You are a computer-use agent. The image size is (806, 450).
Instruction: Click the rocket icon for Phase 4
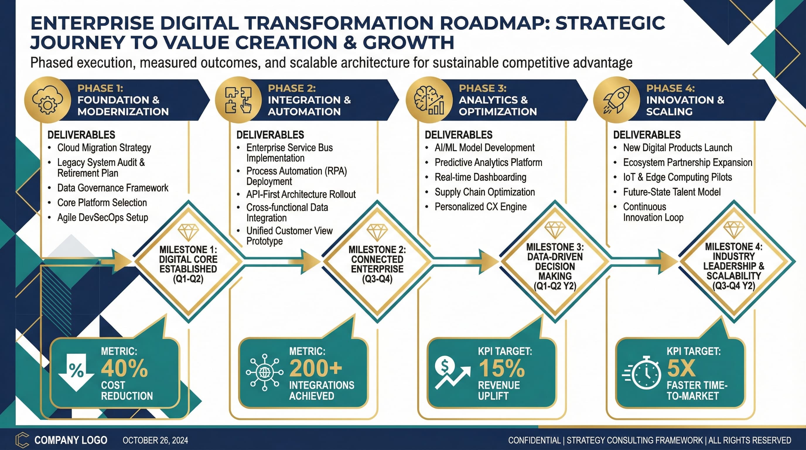pos(616,100)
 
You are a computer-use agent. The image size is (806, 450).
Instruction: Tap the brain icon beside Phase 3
pos(429,100)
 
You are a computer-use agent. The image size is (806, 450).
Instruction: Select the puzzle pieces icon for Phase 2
pos(238,100)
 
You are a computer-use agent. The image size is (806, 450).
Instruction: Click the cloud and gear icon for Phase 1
pos(47,100)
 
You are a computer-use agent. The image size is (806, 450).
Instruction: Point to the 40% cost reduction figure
pos(124,368)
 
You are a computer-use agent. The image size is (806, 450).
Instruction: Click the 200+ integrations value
pos(316,368)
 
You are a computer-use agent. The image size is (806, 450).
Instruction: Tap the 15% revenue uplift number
pos(502,368)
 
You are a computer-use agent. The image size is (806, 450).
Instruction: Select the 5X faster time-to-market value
pos(681,368)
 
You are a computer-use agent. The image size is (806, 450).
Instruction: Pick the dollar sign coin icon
pos(444,366)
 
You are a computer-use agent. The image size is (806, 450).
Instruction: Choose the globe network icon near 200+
pos(265,372)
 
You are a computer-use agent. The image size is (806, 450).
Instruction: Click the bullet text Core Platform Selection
pos(102,202)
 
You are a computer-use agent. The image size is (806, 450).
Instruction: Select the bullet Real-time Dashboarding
pos(480,177)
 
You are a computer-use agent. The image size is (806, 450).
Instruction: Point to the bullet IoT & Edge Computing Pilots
pos(677,177)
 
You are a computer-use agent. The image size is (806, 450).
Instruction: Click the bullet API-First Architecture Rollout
pos(301,194)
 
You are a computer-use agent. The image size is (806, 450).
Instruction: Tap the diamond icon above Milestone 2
pos(377,232)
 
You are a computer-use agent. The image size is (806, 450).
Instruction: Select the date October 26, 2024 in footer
pos(155,440)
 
